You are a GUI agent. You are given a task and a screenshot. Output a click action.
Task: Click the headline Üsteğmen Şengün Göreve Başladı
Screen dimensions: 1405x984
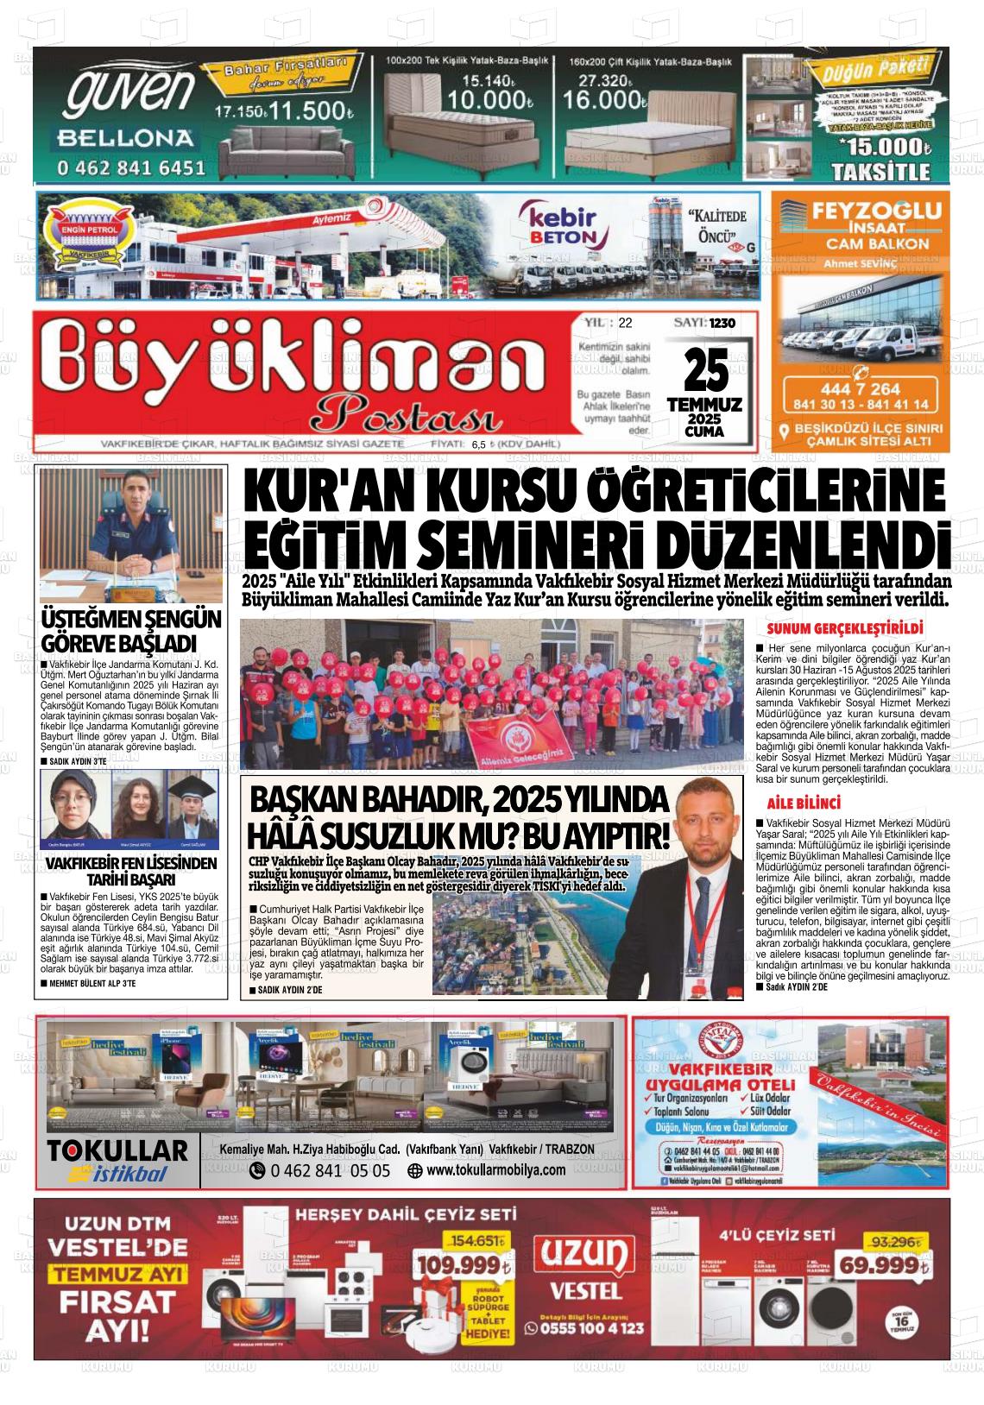tap(131, 632)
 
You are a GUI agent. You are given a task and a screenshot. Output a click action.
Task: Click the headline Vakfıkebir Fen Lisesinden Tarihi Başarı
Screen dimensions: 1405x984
tap(131, 872)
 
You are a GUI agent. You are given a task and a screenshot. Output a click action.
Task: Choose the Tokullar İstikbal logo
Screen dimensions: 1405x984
tap(117, 1160)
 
